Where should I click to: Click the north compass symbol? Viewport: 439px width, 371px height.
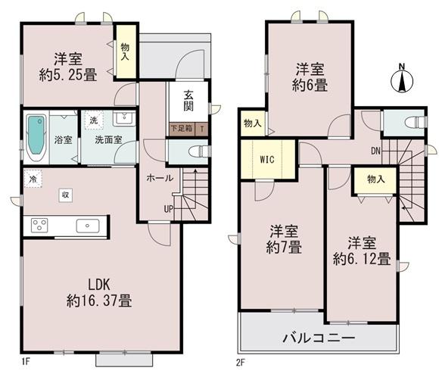(403, 78)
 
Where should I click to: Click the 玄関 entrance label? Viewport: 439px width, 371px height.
(187, 101)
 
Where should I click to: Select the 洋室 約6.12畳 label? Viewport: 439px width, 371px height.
(362, 251)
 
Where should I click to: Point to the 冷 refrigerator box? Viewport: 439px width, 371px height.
(33, 179)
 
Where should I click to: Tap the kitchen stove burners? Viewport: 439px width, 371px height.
(39, 225)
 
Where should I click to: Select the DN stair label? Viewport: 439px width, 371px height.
(375, 150)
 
